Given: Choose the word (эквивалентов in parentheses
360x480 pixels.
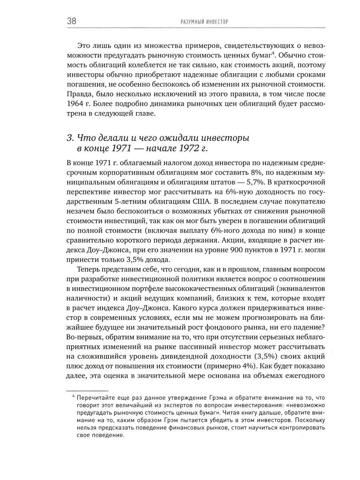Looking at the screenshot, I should [x=300, y=289].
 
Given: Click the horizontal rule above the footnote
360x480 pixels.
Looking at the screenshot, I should [x=87, y=390].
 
